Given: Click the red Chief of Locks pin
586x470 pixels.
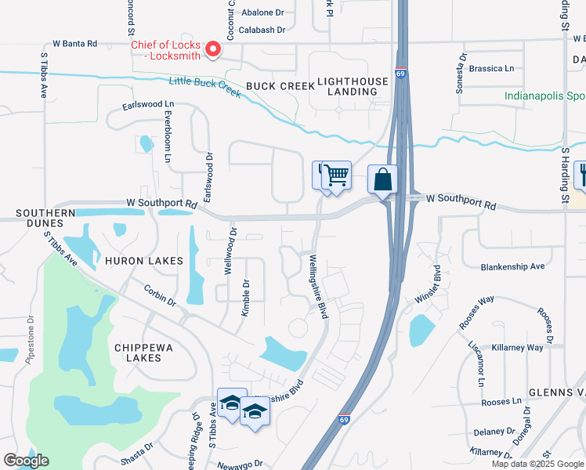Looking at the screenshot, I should click(212, 50).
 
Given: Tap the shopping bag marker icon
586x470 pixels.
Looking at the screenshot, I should click(382, 179).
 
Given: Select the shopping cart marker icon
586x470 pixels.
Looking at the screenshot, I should click(336, 175).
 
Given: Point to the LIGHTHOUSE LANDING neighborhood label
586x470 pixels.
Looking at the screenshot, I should click(352, 86).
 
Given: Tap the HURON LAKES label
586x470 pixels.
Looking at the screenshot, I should click(144, 261).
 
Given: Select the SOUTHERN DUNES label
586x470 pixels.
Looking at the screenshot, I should click(45, 218).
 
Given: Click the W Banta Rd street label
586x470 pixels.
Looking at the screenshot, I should click(74, 43).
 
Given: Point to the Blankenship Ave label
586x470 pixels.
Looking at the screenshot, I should click(512, 266).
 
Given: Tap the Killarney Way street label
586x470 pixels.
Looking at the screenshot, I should click(517, 347).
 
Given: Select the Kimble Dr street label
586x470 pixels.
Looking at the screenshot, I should click(245, 298).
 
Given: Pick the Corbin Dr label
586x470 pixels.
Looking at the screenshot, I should click(160, 295).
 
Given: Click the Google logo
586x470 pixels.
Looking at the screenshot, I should click(26, 461).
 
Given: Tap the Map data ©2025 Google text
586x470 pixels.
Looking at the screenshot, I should click(537, 464).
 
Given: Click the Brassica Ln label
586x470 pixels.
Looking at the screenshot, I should click(491, 68).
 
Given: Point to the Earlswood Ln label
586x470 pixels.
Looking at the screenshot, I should click(147, 104).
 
